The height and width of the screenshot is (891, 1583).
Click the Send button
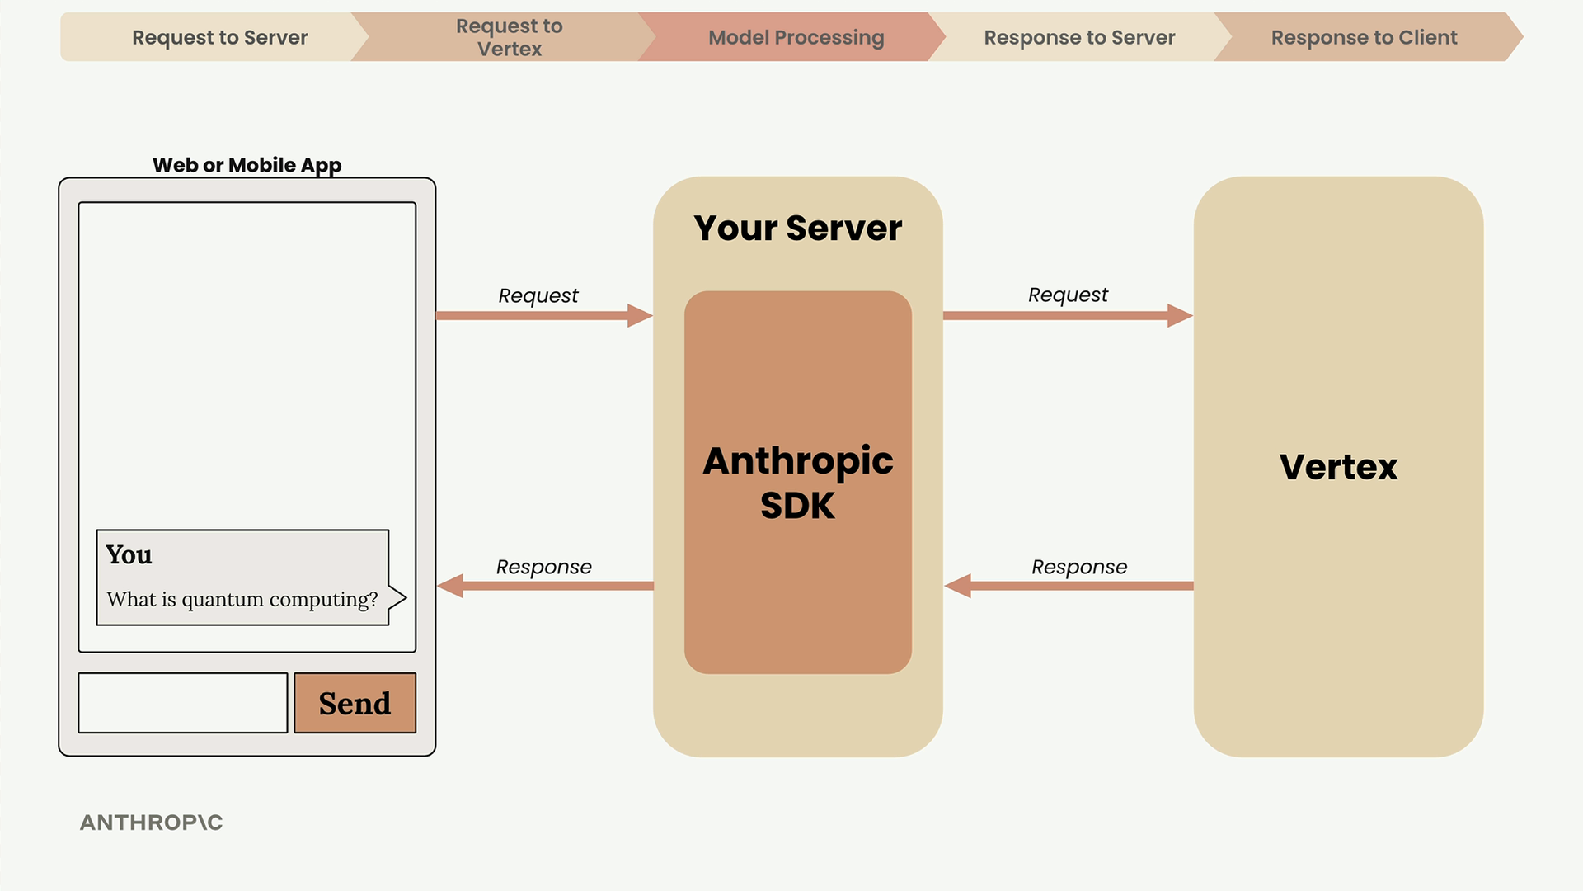tap(355, 703)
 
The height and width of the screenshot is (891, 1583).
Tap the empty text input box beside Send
tap(183, 703)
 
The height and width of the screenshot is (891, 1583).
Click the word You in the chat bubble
tap(129, 554)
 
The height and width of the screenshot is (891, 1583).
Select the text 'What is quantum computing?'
tap(242, 599)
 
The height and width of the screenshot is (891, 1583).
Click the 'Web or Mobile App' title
tap(247, 165)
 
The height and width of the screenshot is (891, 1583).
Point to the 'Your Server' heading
tap(797, 228)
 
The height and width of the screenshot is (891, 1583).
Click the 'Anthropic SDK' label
tap(797, 482)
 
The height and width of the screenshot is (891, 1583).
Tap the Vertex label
tap(1338, 467)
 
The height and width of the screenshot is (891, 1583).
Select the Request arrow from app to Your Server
tap(544, 315)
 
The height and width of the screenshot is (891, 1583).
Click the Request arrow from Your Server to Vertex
tap(1068, 315)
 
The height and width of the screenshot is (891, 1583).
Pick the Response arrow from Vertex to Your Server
tap(1069, 586)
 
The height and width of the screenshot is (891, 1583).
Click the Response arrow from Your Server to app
tap(545, 586)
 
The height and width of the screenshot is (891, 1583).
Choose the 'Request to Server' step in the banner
tap(219, 37)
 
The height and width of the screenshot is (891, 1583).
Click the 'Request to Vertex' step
tap(509, 37)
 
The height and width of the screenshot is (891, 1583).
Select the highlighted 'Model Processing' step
tap(796, 37)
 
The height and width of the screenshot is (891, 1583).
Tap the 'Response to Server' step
tap(1079, 37)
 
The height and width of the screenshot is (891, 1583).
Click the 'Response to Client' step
tap(1364, 37)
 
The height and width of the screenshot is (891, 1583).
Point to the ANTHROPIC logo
tap(152, 823)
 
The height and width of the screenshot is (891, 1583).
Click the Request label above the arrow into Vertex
tap(1068, 295)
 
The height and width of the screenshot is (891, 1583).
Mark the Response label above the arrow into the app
tap(544, 567)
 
